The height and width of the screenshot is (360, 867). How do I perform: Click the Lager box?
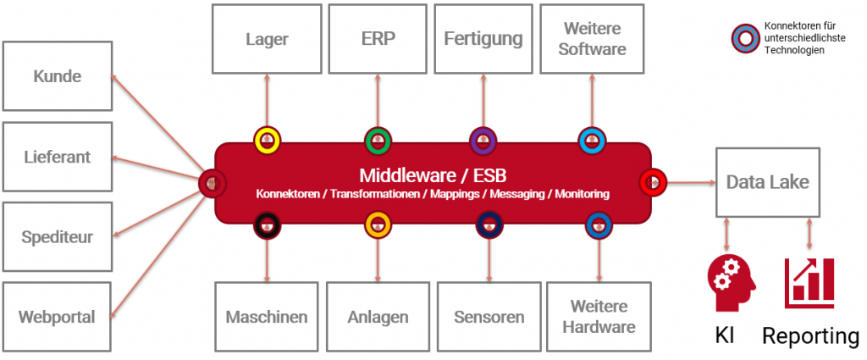pos(267,38)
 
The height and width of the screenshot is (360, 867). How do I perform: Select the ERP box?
pos(377,38)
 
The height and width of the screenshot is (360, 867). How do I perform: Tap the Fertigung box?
pos(484,38)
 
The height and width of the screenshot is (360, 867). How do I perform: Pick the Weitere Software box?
pos(593,38)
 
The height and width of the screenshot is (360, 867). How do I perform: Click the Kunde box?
pos(57,76)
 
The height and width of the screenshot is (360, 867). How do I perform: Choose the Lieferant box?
pos(57,157)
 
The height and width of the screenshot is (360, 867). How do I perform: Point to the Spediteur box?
pos(57,237)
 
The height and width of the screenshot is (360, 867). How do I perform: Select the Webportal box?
pos(57,318)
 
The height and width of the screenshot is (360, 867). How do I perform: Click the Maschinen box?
pos(267,318)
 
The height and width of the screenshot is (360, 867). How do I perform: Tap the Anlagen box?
pos(378,318)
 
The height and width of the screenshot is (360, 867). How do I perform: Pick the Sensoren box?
pos(489,318)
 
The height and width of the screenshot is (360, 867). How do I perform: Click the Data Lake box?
pos(767,181)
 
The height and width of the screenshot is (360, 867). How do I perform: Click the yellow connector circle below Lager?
pos(267,140)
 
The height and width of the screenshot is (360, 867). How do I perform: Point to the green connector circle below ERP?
pos(377,140)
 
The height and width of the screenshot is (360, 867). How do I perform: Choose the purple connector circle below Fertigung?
pos(483,140)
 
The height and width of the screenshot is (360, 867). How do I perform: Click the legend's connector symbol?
pos(745,37)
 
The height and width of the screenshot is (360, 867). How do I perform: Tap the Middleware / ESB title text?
pos(432,176)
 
